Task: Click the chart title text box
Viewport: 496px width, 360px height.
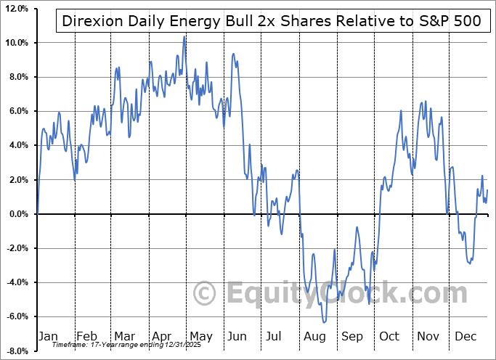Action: (270, 20)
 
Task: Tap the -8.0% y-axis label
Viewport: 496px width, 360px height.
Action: (18, 351)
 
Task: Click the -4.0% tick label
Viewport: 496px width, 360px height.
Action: (18, 282)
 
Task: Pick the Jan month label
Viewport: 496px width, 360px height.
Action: (47, 337)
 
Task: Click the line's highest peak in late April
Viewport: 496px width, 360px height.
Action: (184, 36)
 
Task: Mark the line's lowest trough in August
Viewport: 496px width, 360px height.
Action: (323, 322)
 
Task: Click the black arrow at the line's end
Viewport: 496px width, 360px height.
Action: (491, 214)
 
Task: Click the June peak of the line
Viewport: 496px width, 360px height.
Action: (233, 54)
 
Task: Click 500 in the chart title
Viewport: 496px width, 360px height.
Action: (463, 20)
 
